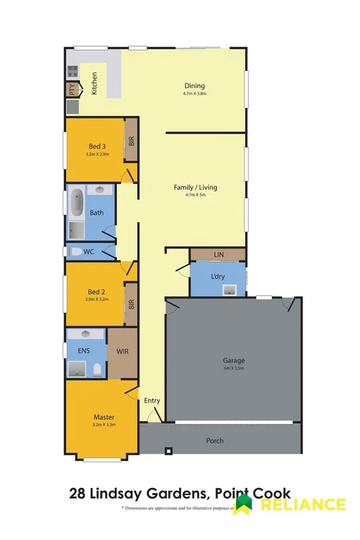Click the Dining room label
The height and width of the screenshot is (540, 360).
click(x=195, y=86)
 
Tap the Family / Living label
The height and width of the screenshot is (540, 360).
click(x=195, y=187)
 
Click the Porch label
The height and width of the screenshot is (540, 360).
click(x=214, y=441)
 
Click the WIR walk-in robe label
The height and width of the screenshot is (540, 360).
click(x=122, y=352)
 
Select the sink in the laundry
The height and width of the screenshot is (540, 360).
click(x=230, y=290)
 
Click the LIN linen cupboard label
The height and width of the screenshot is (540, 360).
click(x=217, y=254)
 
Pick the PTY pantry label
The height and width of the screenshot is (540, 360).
click(x=71, y=89)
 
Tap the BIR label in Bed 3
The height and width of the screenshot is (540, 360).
click(x=131, y=141)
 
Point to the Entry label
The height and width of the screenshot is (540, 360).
click(x=152, y=400)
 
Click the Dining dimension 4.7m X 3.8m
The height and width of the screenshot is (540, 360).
click(x=195, y=94)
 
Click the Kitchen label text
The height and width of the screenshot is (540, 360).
click(x=95, y=83)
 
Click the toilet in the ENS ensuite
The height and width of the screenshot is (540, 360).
click(x=98, y=369)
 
